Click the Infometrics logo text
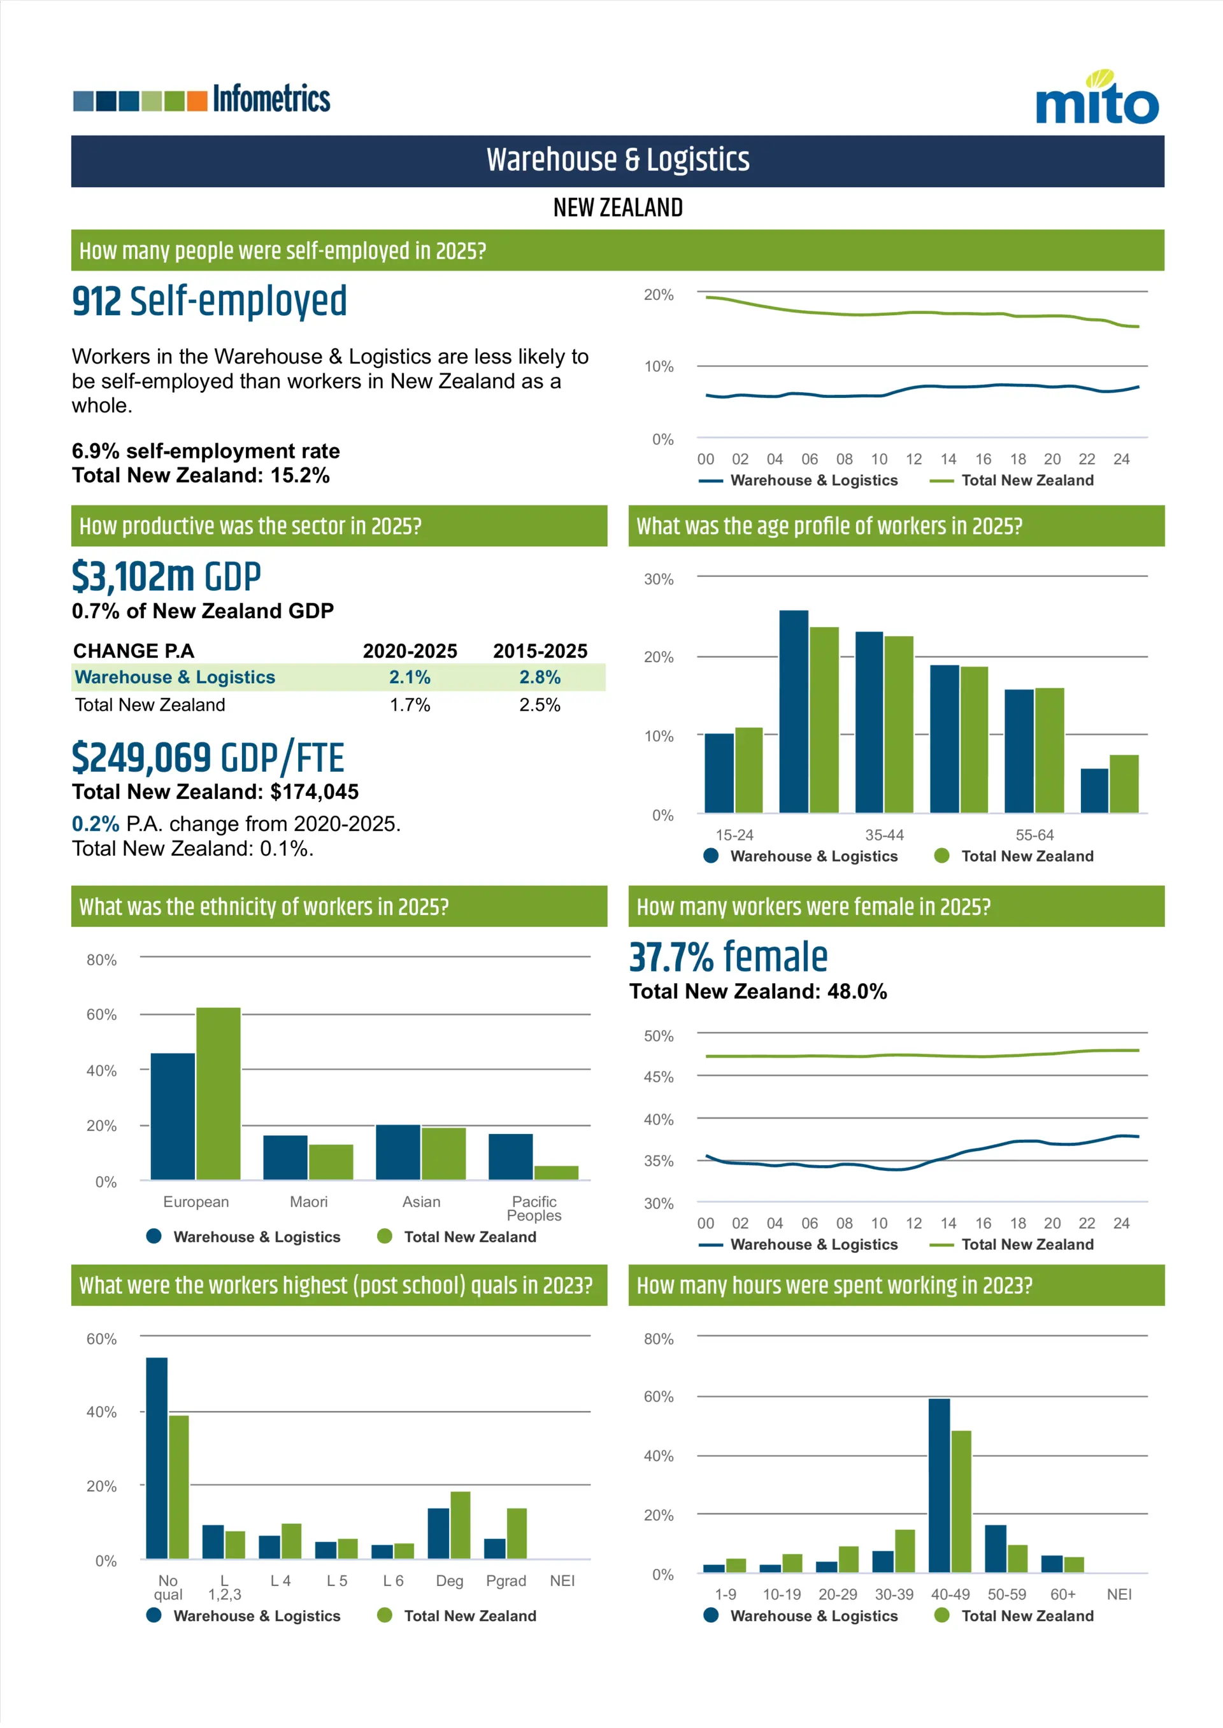[x=271, y=99]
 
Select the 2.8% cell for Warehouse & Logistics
[x=540, y=677]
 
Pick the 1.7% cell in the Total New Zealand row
[x=410, y=705]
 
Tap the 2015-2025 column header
[x=540, y=651]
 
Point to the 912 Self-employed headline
[x=210, y=301]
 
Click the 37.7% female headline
[x=728, y=958]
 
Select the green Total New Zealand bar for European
[x=218, y=1094]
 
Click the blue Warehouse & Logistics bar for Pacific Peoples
[x=511, y=1156]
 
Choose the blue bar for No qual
[x=157, y=1458]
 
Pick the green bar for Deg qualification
[x=460, y=1525]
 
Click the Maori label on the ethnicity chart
[x=309, y=1202]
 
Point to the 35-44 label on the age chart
[x=884, y=835]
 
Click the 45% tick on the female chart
[x=658, y=1077]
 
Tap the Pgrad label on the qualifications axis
[x=505, y=1580]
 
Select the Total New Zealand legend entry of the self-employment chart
[x=1012, y=480]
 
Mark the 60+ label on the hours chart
[x=1062, y=1594]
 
